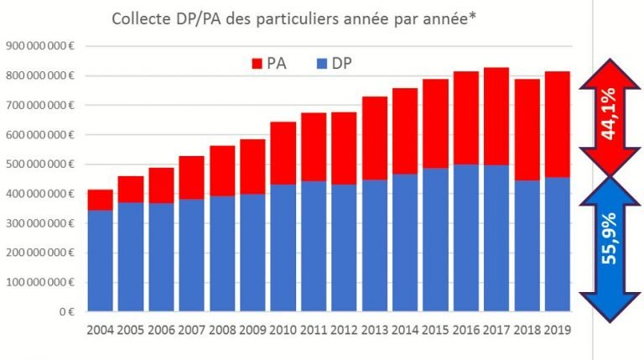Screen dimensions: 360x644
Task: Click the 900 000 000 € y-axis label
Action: (40, 45)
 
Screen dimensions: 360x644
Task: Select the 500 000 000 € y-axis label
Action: (40, 164)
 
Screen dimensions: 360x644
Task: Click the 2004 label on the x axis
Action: (101, 329)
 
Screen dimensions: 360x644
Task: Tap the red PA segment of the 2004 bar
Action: (101, 200)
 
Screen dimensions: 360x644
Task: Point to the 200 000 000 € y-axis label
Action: (40, 253)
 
